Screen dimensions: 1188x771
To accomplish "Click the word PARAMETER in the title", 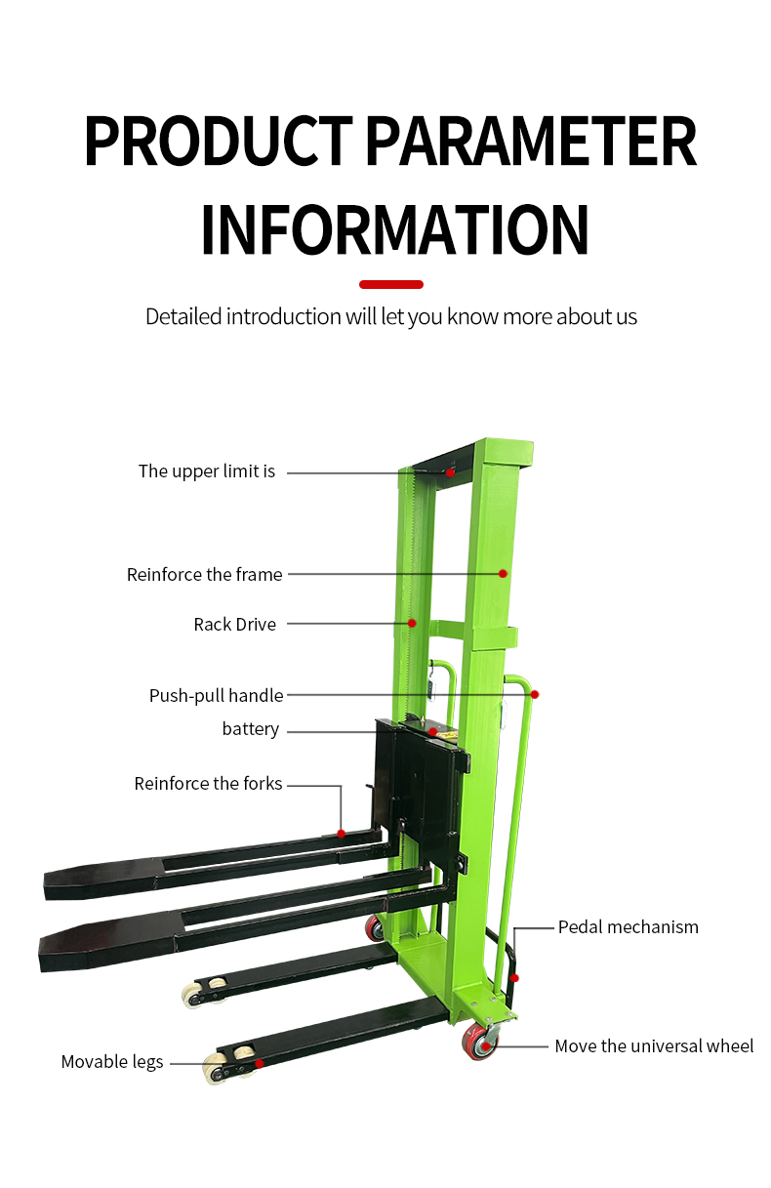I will click(530, 142).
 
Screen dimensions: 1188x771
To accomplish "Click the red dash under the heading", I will click(391, 285).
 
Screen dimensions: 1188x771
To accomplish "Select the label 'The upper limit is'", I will click(207, 471).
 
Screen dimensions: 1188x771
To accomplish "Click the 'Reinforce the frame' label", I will click(204, 575).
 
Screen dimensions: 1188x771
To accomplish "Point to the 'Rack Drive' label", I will click(234, 625).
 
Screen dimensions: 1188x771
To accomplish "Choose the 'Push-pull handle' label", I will click(216, 696).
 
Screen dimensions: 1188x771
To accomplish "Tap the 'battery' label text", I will click(251, 729).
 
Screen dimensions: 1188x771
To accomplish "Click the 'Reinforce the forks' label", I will click(208, 784).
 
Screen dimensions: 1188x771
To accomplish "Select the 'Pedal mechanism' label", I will click(629, 927).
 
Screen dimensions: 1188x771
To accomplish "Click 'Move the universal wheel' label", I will click(654, 1046).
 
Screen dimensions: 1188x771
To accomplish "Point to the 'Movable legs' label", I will click(112, 1062).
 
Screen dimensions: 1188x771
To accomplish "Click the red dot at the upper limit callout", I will click(451, 472).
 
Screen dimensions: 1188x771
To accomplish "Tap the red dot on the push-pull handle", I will click(535, 695).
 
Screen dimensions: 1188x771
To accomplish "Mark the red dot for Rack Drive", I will click(412, 623).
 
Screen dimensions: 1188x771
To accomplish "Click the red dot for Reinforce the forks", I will click(342, 833).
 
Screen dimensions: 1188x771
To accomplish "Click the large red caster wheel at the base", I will click(480, 1044).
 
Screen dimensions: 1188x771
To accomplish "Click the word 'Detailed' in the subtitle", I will click(183, 317).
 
